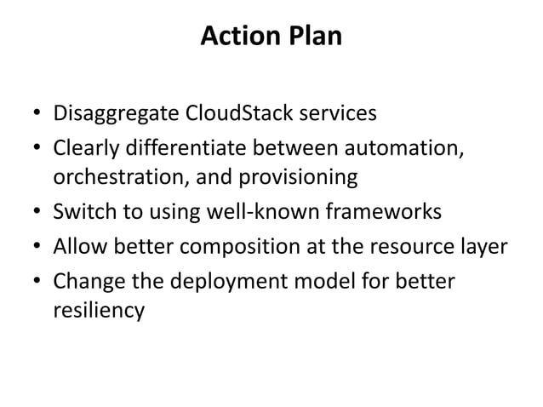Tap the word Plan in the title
coord(315,37)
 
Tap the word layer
coord(485,248)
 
